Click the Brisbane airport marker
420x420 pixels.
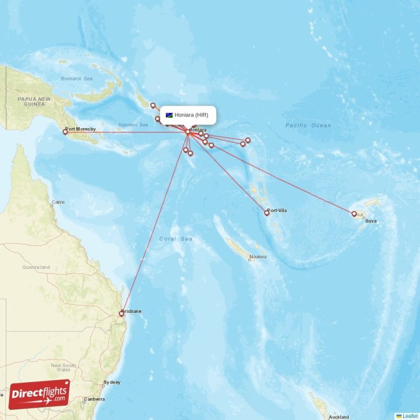point(121,314)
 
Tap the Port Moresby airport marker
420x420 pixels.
point(65,132)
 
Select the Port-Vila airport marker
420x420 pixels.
point(267,213)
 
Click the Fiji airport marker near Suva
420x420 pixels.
point(354,214)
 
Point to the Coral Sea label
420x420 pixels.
point(176,239)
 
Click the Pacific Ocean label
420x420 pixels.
point(308,125)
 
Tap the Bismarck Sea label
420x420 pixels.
point(77,79)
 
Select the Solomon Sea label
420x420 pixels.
point(133,125)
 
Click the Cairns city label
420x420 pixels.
point(58,202)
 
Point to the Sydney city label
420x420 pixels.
point(112,382)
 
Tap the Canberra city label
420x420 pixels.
point(94,399)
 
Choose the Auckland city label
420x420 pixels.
point(339,417)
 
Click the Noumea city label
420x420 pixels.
point(258,257)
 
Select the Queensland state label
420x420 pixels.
point(36,267)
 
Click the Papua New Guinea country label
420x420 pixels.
point(34,101)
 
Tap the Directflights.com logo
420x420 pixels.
point(39,394)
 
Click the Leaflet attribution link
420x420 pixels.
point(410,416)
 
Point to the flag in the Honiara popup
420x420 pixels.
point(169,115)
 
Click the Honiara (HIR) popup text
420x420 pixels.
point(192,115)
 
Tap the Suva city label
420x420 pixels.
point(371,221)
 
